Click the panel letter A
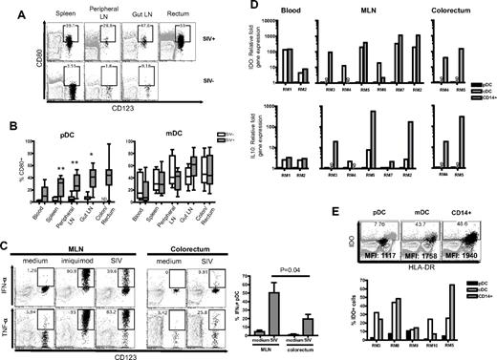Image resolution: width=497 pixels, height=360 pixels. [9, 9]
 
